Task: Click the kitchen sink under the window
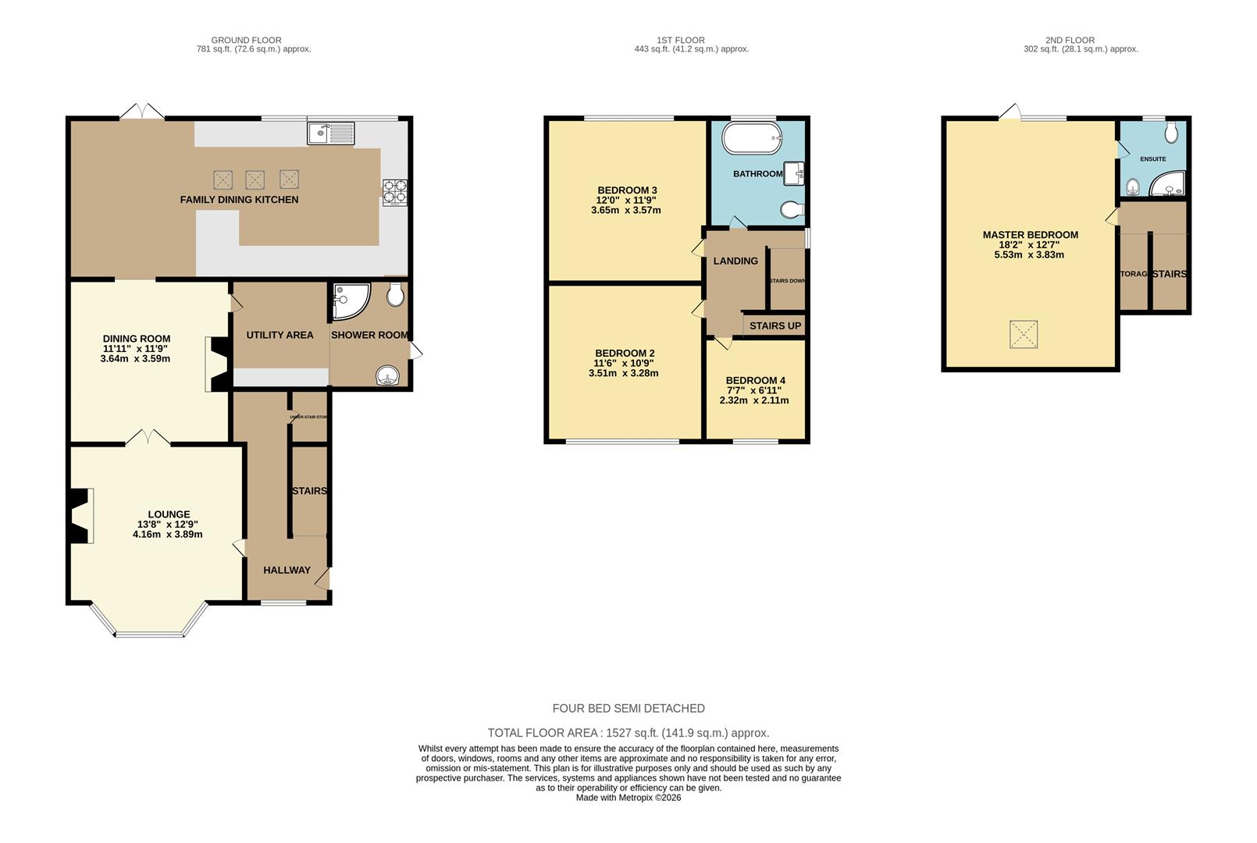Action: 330,133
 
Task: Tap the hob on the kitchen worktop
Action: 394,192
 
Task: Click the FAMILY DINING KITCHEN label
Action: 239,200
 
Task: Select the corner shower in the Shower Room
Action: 349,301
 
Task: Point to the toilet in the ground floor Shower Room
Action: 396,294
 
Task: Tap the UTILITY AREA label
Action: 280,335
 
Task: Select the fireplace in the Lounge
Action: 80,516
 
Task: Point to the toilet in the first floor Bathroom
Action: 792,210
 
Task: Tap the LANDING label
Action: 735,261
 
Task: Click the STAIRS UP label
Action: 774,325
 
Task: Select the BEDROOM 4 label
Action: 755,380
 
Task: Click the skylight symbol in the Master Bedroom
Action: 1024,334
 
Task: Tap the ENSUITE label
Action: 1152,159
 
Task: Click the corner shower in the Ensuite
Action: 1170,185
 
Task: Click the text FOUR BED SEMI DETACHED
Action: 628,709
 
